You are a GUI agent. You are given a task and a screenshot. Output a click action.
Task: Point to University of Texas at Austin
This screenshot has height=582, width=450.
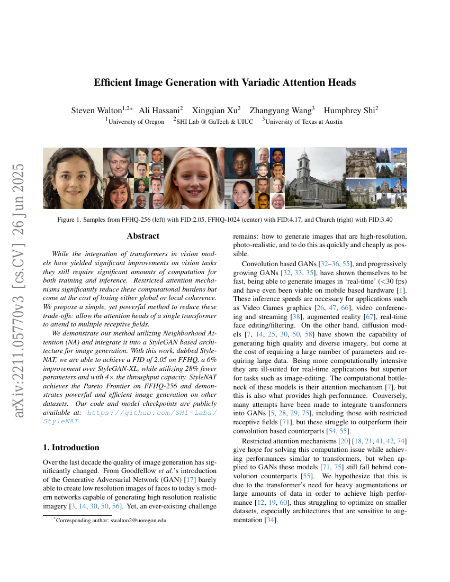pos(304,122)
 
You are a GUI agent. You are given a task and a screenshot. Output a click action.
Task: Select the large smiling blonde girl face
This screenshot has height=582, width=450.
pos(194,178)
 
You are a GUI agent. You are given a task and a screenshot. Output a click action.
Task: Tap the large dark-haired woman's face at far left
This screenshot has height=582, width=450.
pos(73,178)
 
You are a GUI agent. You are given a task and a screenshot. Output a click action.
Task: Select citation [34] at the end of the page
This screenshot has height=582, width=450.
pos(270,521)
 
